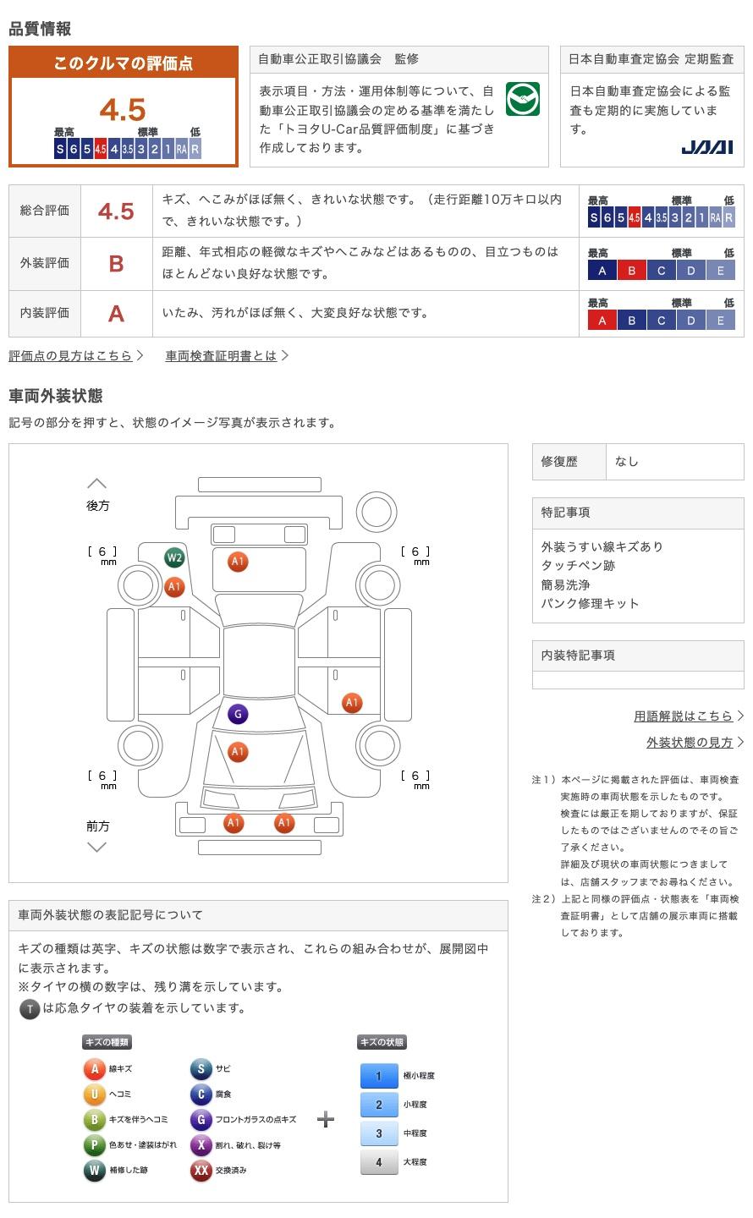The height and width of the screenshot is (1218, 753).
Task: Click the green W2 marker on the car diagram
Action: coord(174,558)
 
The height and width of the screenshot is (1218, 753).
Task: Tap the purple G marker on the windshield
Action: coord(238,715)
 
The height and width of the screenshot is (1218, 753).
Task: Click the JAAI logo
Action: coord(706,147)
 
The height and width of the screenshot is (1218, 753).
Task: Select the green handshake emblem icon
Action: coord(522,100)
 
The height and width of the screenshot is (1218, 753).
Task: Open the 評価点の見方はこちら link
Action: coord(71,356)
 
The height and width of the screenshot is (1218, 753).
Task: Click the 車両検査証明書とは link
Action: coord(222,356)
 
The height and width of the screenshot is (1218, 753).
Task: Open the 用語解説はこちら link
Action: coord(684,716)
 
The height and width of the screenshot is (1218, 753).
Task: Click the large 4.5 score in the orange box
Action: coord(123,110)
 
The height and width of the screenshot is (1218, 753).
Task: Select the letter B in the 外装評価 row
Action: coord(116,264)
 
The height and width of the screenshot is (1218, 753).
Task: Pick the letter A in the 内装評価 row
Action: coord(116,314)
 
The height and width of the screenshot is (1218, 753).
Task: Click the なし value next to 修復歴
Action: coord(627,462)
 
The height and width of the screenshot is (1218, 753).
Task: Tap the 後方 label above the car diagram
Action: coord(98,506)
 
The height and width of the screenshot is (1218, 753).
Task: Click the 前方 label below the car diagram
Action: coord(98,826)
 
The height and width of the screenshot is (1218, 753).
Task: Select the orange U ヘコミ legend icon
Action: coord(94,1095)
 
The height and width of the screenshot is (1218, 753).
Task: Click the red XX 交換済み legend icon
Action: coord(201,1171)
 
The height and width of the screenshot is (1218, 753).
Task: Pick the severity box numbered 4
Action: coord(378,1162)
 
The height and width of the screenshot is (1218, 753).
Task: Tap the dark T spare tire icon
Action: coord(30,1009)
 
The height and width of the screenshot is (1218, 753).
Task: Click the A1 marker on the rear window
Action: coord(238,562)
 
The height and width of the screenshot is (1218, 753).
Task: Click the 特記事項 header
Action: coord(566,513)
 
